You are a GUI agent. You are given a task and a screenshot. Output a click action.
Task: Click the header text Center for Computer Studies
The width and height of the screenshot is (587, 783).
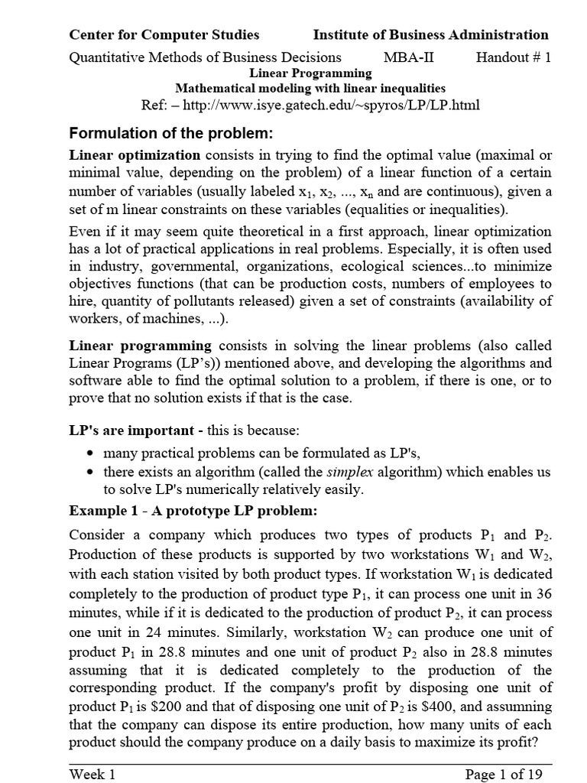(x=164, y=34)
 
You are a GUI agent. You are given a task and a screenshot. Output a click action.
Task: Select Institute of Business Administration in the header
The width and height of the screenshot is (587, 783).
(x=430, y=34)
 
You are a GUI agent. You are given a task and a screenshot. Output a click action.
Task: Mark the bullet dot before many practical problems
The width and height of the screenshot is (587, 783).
(x=92, y=453)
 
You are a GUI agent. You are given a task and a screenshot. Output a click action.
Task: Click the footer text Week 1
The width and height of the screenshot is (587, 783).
(x=92, y=774)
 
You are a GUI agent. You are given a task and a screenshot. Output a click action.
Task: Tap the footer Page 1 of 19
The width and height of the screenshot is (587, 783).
(x=504, y=774)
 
